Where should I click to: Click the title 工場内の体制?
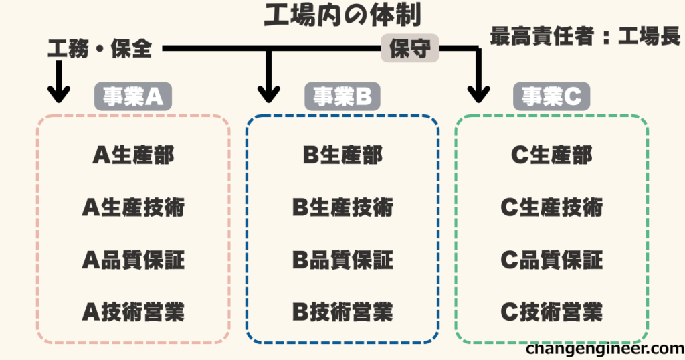click(x=342, y=16)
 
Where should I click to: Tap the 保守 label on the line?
click(x=409, y=50)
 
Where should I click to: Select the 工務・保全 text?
click(x=100, y=49)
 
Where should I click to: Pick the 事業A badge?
click(x=132, y=98)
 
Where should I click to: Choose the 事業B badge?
click(x=342, y=98)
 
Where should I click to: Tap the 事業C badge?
click(x=552, y=98)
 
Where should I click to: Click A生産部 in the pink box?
click(x=133, y=155)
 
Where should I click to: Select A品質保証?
click(x=133, y=260)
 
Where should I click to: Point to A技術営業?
click(x=133, y=311)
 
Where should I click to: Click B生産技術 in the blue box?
click(x=342, y=207)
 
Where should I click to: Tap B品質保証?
click(x=342, y=260)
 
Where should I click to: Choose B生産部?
click(x=342, y=155)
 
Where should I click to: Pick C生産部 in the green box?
click(x=552, y=155)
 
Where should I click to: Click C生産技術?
click(x=552, y=207)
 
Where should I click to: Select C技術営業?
click(x=552, y=311)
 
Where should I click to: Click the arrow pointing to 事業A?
click(x=59, y=84)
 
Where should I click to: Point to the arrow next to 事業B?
click(x=269, y=80)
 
